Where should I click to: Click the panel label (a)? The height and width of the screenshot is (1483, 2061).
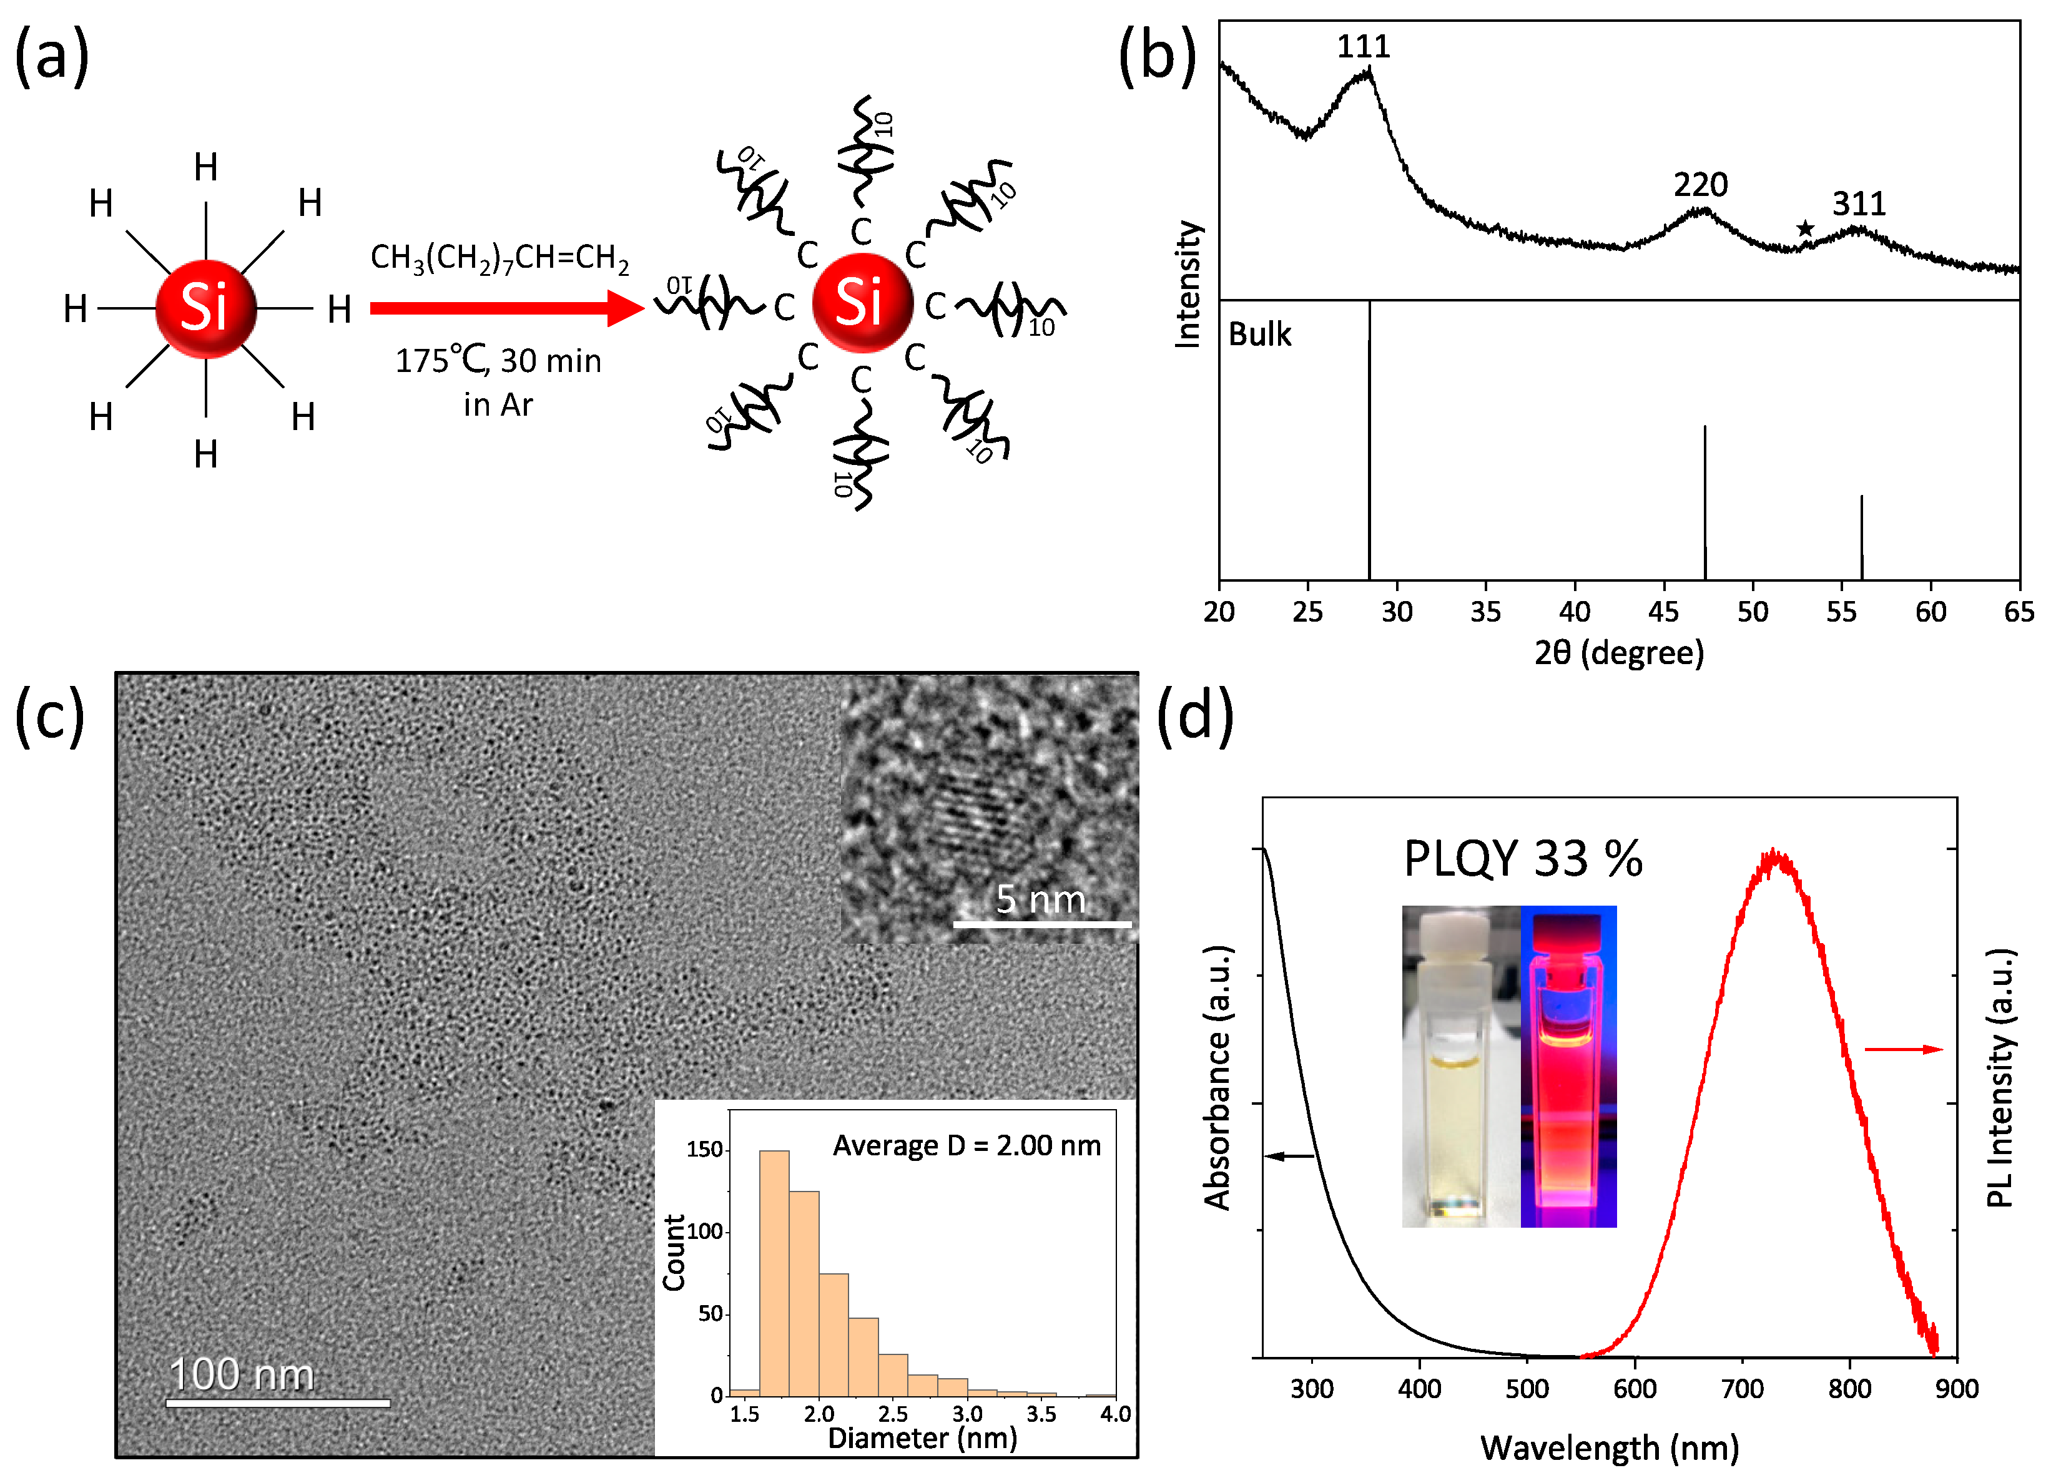click(52, 56)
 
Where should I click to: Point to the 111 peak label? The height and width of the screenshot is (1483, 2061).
click(1363, 46)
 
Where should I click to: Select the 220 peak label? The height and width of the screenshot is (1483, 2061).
click(1700, 185)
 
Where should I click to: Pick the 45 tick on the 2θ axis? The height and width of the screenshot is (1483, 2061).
click(1664, 612)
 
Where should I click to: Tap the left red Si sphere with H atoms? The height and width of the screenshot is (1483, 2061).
click(205, 308)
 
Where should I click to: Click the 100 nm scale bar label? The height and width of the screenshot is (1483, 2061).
click(242, 1374)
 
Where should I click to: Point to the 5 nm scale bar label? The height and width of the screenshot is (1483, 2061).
click(1041, 899)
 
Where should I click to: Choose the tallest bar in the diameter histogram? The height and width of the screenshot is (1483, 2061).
click(774, 1272)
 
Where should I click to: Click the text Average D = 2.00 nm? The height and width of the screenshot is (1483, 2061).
click(966, 1146)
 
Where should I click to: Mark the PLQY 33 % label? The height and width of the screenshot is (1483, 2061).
click(1523, 859)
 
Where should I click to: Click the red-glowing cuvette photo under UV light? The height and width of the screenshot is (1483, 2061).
click(1568, 1067)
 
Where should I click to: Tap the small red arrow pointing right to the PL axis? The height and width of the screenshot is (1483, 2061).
click(1903, 1050)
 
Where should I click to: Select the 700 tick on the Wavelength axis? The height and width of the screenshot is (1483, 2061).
click(1742, 1389)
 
